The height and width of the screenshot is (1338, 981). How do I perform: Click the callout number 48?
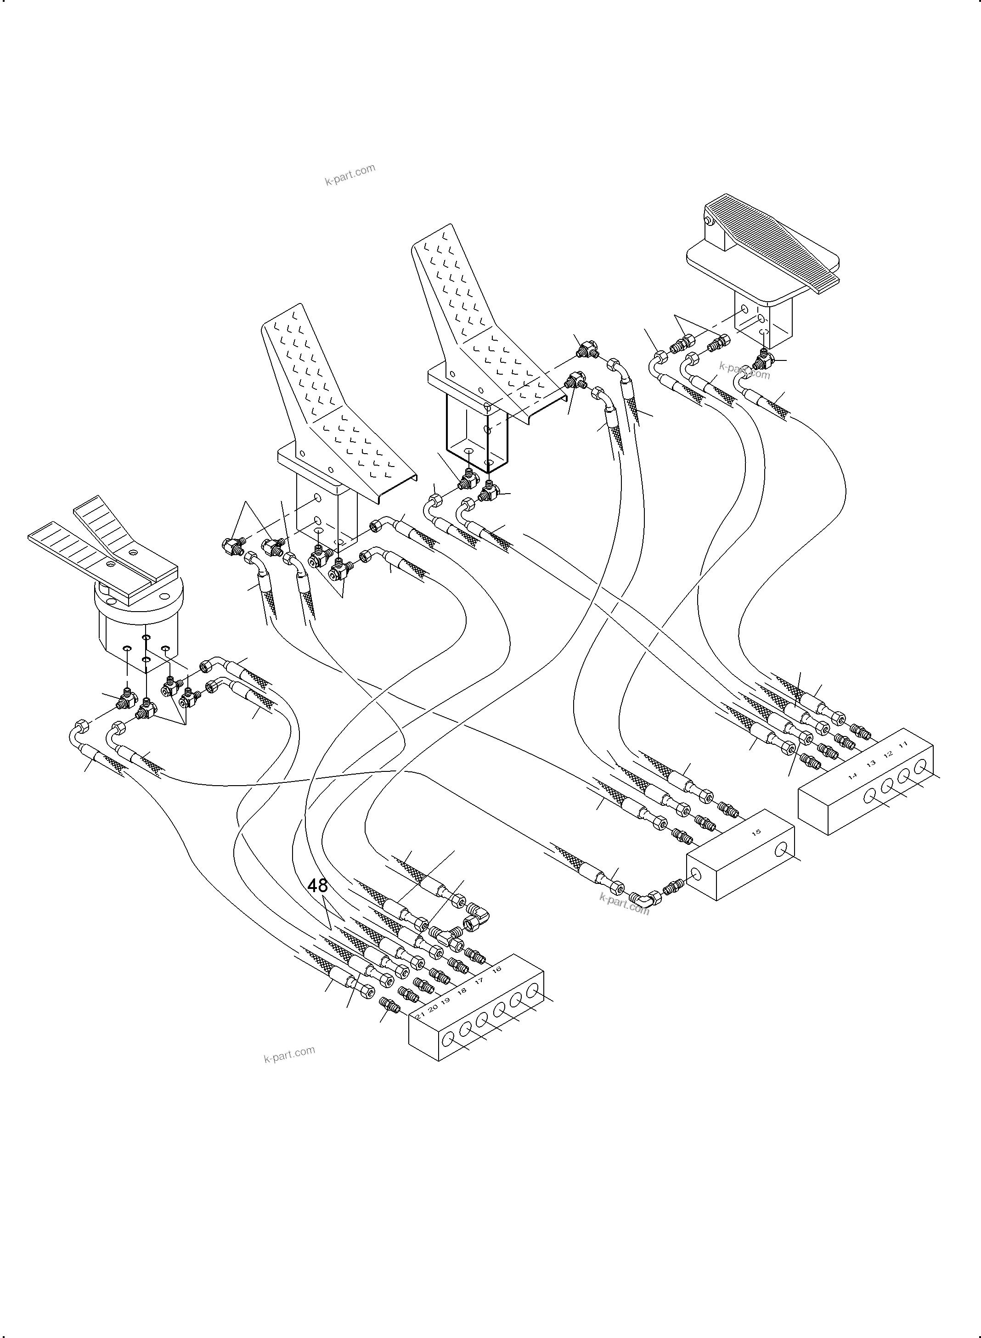(318, 886)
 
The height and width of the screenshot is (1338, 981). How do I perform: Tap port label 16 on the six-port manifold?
(496, 969)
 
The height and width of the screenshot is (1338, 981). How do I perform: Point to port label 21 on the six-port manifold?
(420, 1016)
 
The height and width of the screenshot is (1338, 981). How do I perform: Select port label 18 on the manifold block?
(462, 990)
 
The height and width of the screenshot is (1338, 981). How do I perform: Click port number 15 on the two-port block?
(756, 832)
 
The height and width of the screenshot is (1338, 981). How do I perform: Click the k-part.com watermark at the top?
(350, 174)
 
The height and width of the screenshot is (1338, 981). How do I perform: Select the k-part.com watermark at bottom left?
(289, 1055)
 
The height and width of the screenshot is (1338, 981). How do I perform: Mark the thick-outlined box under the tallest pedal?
(477, 436)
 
